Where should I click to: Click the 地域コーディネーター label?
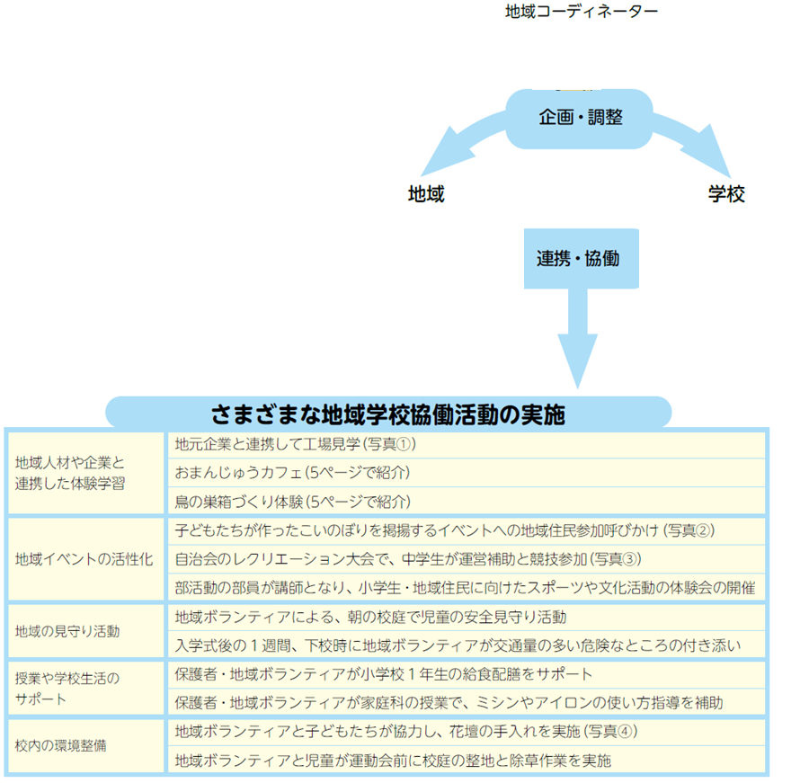pyautogui.click(x=582, y=12)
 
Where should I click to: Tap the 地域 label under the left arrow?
pyautogui.click(x=426, y=194)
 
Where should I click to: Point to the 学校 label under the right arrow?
pyautogui.click(x=726, y=194)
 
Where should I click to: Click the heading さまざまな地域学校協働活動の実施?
pyautogui.click(x=387, y=414)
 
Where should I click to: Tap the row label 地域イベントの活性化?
pyautogui.click(x=84, y=559)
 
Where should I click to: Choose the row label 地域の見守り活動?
pyautogui.click(x=67, y=631)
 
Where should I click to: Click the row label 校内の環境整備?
pyautogui.click(x=61, y=746)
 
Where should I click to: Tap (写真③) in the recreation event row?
pyautogui.click(x=615, y=559)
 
